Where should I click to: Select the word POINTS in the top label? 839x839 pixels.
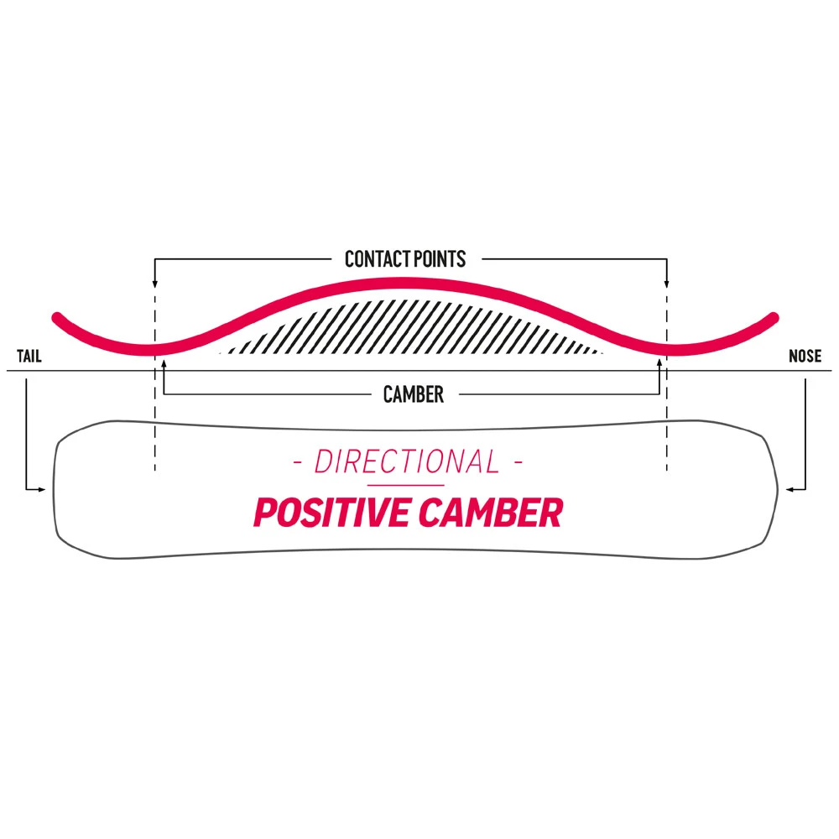click(x=437, y=258)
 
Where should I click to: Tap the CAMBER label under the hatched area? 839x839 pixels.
click(x=413, y=394)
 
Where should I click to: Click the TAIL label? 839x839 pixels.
click(x=29, y=357)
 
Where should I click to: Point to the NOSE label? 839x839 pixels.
click(x=805, y=357)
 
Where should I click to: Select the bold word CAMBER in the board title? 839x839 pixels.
click(x=490, y=513)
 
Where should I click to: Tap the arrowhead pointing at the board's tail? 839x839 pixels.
click(x=42, y=488)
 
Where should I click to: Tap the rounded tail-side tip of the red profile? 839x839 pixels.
click(x=57, y=318)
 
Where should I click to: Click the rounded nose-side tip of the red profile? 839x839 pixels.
click(x=774, y=318)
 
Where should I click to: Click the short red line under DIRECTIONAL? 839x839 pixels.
click(x=405, y=485)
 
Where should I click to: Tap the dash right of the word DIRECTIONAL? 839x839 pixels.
click(x=518, y=462)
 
